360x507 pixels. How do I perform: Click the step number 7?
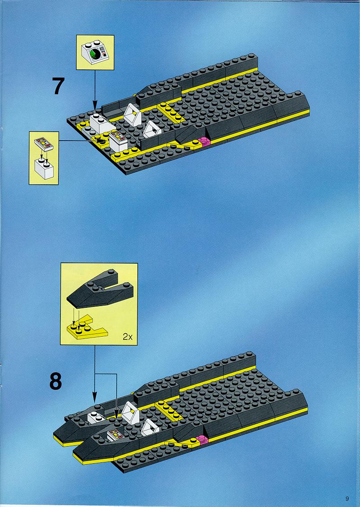(59, 87)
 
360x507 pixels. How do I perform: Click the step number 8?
(55, 381)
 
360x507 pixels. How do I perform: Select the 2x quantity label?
(128, 337)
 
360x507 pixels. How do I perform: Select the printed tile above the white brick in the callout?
(44, 143)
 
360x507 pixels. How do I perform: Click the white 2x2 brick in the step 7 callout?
(44, 169)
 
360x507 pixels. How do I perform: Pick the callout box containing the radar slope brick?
(95, 52)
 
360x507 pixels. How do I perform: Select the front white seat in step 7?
(152, 129)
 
